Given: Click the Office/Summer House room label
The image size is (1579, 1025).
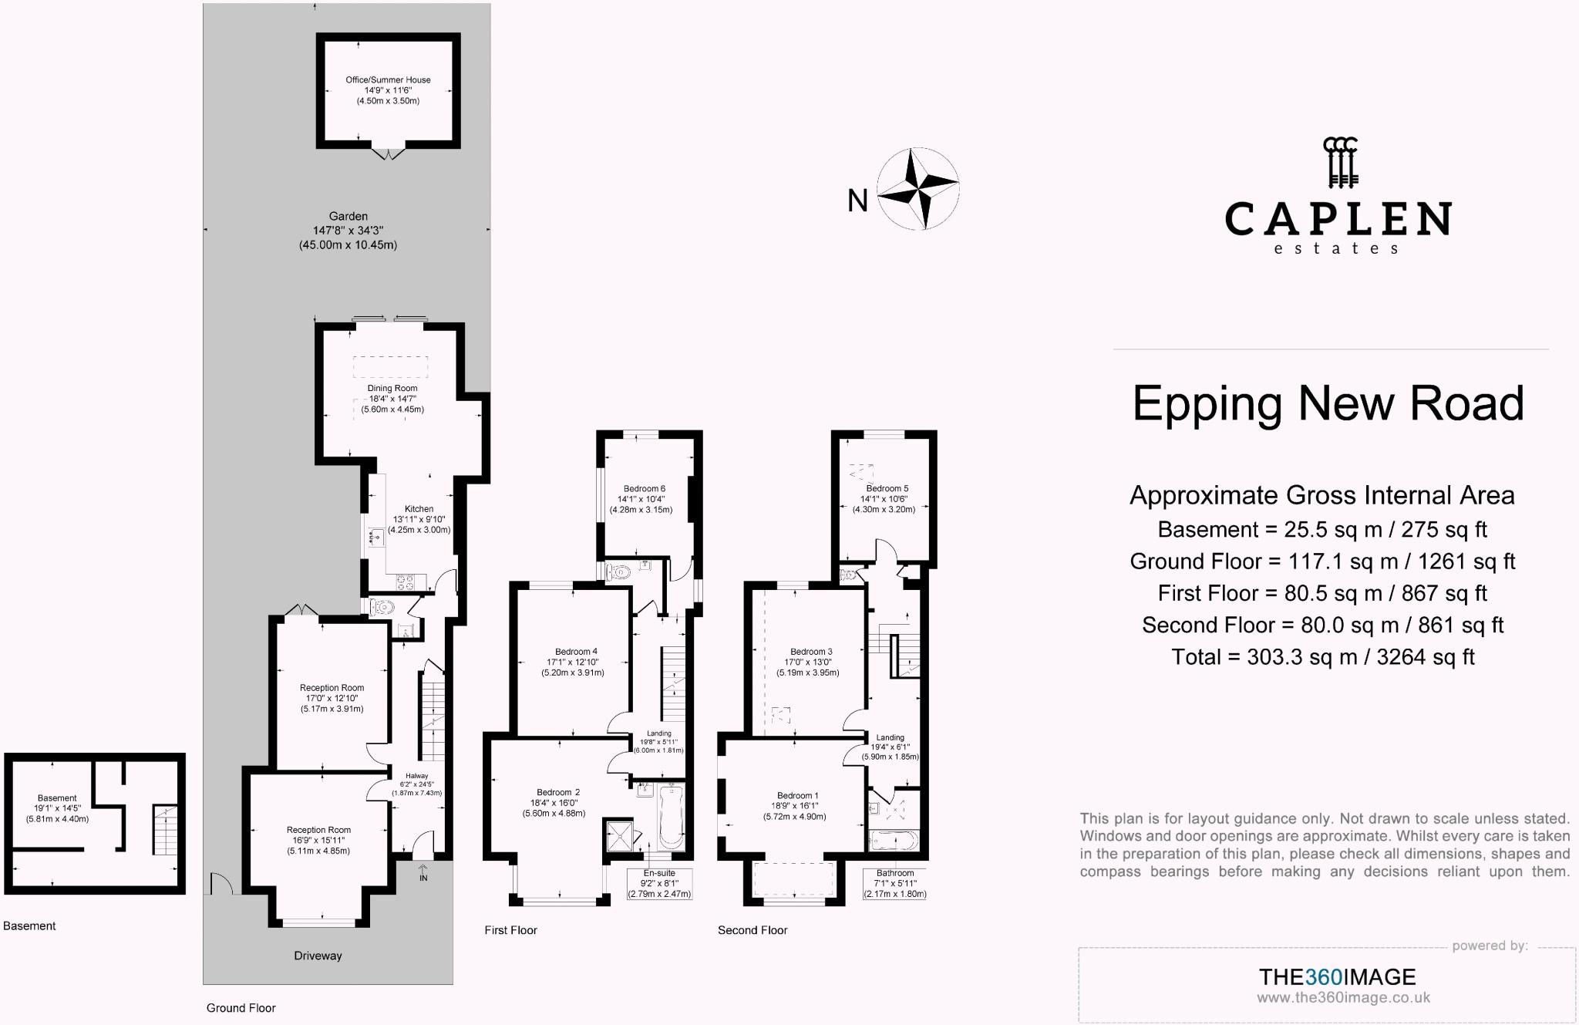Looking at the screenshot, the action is (x=388, y=90).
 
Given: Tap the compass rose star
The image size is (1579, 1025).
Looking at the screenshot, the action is (x=917, y=190).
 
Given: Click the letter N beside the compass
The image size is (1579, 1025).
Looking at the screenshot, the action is (x=857, y=201).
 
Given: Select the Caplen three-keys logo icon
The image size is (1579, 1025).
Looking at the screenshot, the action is (x=1340, y=163).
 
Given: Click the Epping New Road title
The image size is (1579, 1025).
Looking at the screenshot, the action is (x=1328, y=403).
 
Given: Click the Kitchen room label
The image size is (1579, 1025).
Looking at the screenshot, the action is (x=419, y=519).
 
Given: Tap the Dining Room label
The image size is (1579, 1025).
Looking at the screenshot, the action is (x=392, y=399).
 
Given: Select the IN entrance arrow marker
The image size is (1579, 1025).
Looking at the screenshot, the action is (x=423, y=872).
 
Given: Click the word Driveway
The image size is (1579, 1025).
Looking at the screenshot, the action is (x=318, y=956).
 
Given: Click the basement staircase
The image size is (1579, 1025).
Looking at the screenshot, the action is (x=165, y=830).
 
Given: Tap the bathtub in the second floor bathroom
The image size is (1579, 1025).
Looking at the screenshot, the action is (x=894, y=841).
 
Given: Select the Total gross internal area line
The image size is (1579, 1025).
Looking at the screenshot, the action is (x=1323, y=657).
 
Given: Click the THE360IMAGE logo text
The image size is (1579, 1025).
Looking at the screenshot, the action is (x=1337, y=977).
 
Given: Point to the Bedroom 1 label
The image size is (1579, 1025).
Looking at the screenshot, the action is (x=797, y=806).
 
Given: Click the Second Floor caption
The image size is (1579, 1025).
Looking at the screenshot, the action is (x=752, y=930).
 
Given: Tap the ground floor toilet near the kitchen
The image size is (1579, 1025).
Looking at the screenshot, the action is (x=382, y=608).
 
